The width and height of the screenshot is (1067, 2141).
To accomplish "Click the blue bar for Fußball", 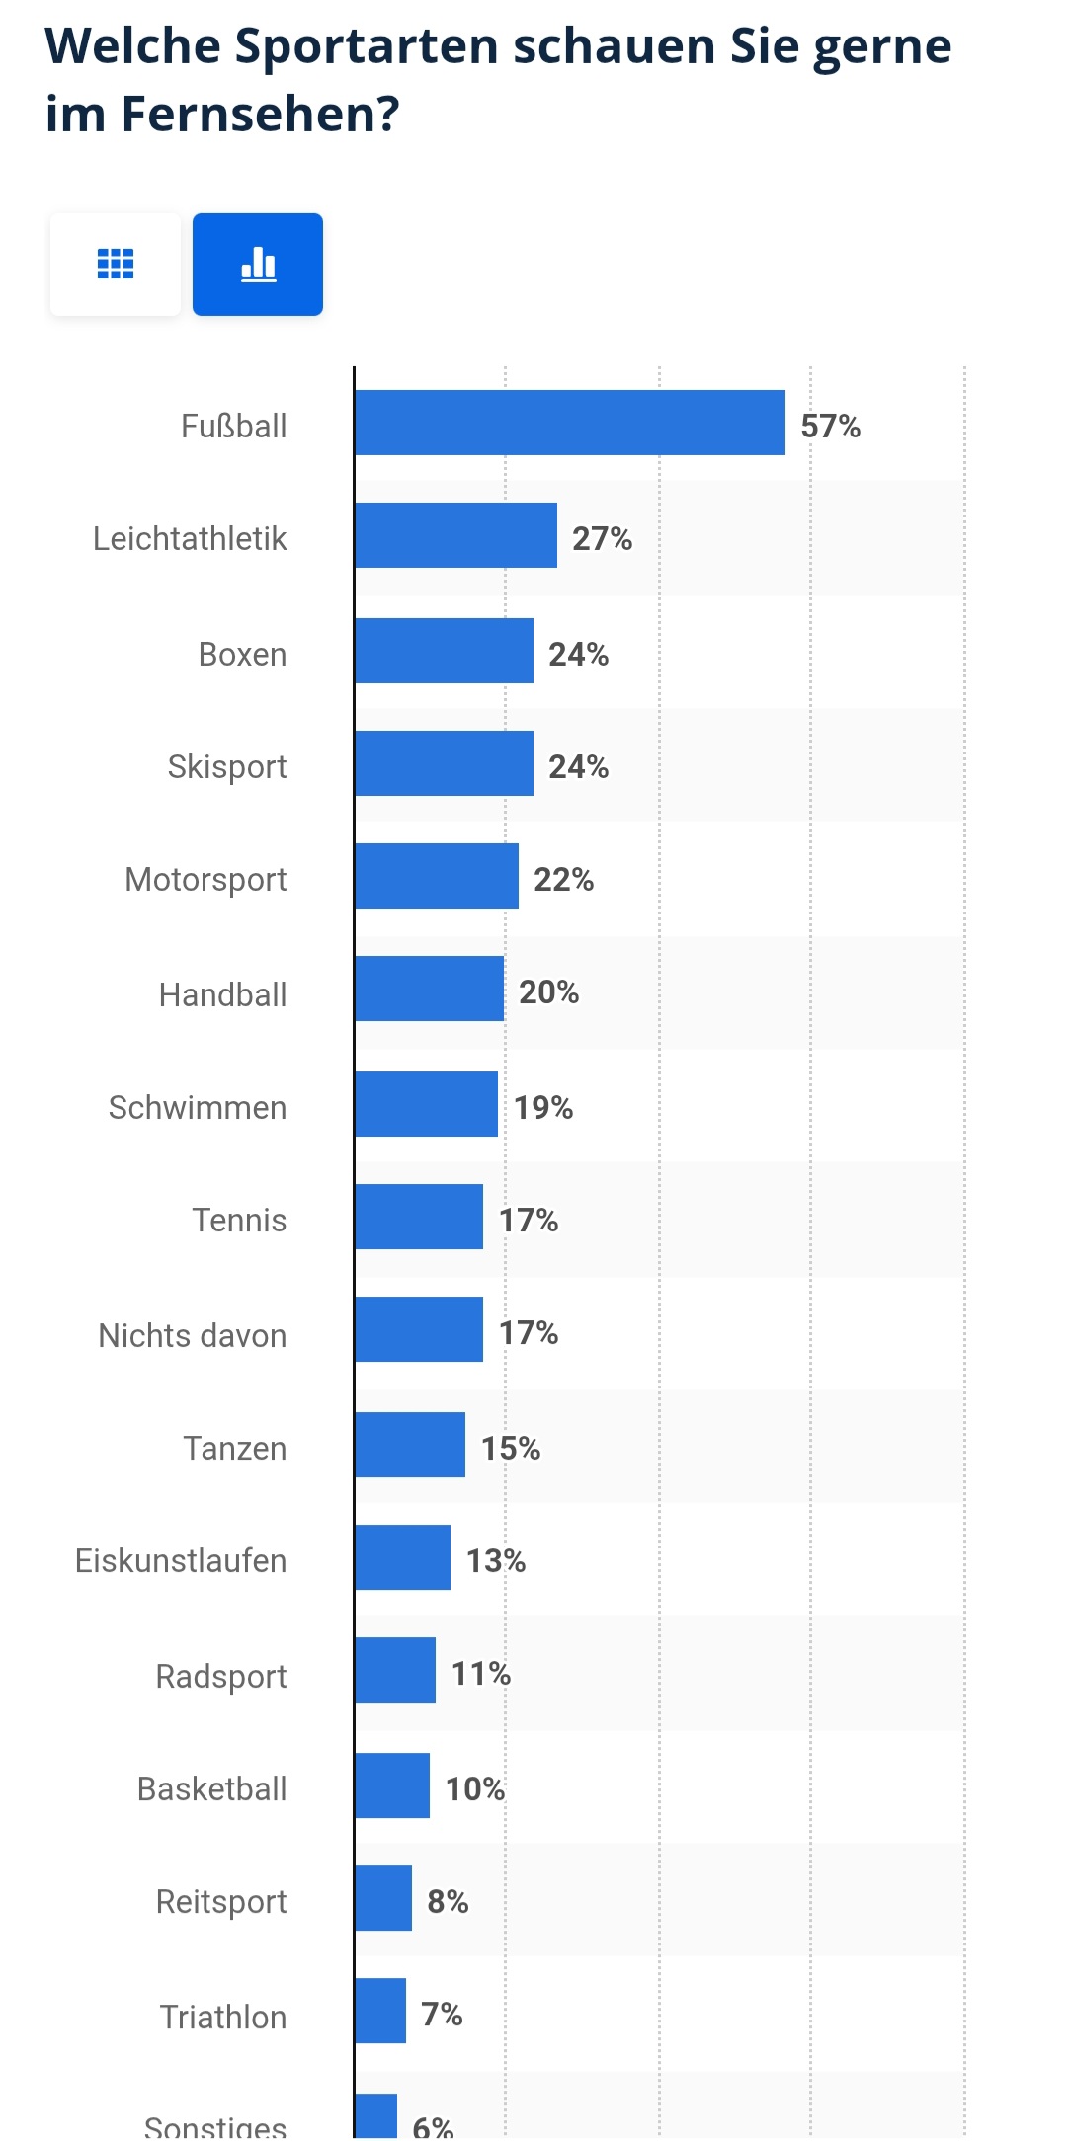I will [570, 423].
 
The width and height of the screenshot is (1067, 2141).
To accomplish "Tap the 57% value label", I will [830, 426].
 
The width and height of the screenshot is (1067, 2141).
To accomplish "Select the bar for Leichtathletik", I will [455, 535].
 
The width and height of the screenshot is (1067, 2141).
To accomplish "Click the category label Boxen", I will [242, 654].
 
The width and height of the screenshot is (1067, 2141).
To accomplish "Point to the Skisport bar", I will [444, 763].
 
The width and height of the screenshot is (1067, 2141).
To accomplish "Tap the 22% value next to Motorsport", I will [563, 879].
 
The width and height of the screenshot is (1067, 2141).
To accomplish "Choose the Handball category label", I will [223, 994].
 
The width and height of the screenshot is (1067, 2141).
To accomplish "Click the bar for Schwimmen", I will [426, 1104].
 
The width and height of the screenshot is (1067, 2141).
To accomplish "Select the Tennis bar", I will [419, 1217].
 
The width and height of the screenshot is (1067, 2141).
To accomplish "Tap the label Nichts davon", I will [193, 1335].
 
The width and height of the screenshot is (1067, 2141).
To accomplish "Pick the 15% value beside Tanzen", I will [510, 1448].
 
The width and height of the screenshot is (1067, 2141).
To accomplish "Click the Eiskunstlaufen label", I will [181, 1560].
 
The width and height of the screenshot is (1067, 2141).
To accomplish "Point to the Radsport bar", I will [395, 1670].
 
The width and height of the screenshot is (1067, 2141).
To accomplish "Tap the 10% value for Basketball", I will [474, 1788].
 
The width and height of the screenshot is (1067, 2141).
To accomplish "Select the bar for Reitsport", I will [383, 1898].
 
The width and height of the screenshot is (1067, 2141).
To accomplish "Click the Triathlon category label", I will [223, 2017].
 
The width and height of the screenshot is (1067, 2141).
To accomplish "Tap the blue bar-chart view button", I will [258, 265].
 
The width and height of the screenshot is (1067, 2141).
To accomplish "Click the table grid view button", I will [116, 265].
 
